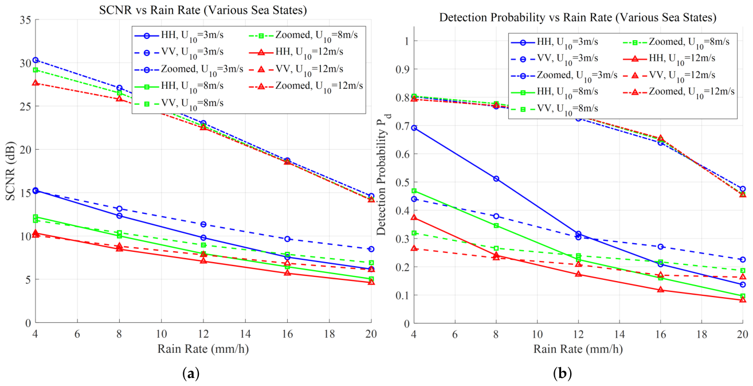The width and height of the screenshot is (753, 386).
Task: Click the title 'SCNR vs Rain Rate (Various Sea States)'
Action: click(x=203, y=10)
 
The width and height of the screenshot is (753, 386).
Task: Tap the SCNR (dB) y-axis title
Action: click(x=10, y=171)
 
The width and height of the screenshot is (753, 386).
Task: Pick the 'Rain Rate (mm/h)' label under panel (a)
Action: click(x=203, y=349)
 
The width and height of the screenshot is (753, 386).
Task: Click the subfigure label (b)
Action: click(x=562, y=373)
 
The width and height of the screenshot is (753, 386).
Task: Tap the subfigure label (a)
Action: click(x=191, y=373)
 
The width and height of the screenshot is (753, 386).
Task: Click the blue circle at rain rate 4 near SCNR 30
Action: click(x=36, y=60)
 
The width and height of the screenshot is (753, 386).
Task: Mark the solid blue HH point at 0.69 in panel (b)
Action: click(x=414, y=128)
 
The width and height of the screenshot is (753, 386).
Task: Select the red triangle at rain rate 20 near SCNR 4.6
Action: click(x=371, y=282)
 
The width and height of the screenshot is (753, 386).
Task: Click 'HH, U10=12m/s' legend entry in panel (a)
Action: click(x=296, y=52)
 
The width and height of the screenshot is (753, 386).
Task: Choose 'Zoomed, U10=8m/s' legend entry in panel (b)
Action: click(x=676, y=42)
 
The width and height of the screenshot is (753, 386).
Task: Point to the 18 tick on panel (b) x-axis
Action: click(x=701, y=334)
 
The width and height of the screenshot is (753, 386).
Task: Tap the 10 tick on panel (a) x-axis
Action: click(x=162, y=334)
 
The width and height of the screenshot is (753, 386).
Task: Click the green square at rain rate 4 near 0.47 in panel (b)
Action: click(x=414, y=191)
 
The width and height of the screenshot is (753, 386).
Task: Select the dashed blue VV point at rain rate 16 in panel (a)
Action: click(x=287, y=239)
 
